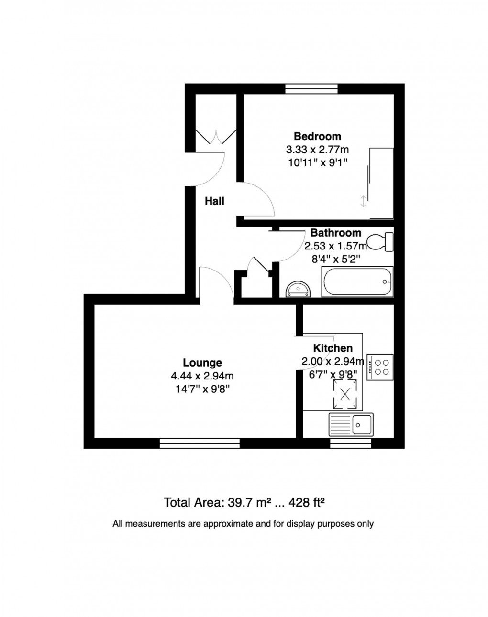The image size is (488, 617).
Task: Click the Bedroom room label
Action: pyautogui.click(x=317, y=137)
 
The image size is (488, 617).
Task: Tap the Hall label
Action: pyautogui.click(x=214, y=201)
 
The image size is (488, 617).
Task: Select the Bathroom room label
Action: pyautogui.click(x=335, y=233)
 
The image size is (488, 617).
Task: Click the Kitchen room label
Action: pyautogui.click(x=333, y=348)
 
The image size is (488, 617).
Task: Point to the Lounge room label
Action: pyautogui.click(x=202, y=363)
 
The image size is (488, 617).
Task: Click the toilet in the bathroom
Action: pyautogui.click(x=380, y=241)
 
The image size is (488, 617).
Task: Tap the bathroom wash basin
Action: pyautogui.click(x=298, y=289)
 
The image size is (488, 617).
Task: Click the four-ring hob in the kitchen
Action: pyautogui.click(x=380, y=367)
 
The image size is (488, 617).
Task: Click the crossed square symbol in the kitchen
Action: pyautogui.click(x=344, y=394)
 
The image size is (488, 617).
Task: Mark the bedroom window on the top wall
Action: pyautogui.click(x=311, y=88)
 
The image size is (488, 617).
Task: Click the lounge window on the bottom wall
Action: pyautogui.click(x=199, y=444)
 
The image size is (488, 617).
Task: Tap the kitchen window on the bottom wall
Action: pyautogui.click(x=351, y=444)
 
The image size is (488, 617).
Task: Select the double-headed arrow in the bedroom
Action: pyautogui.click(x=364, y=202)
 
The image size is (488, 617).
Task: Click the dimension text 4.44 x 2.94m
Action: pyautogui.click(x=202, y=376)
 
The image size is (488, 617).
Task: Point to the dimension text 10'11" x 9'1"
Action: pyautogui.click(x=317, y=162)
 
